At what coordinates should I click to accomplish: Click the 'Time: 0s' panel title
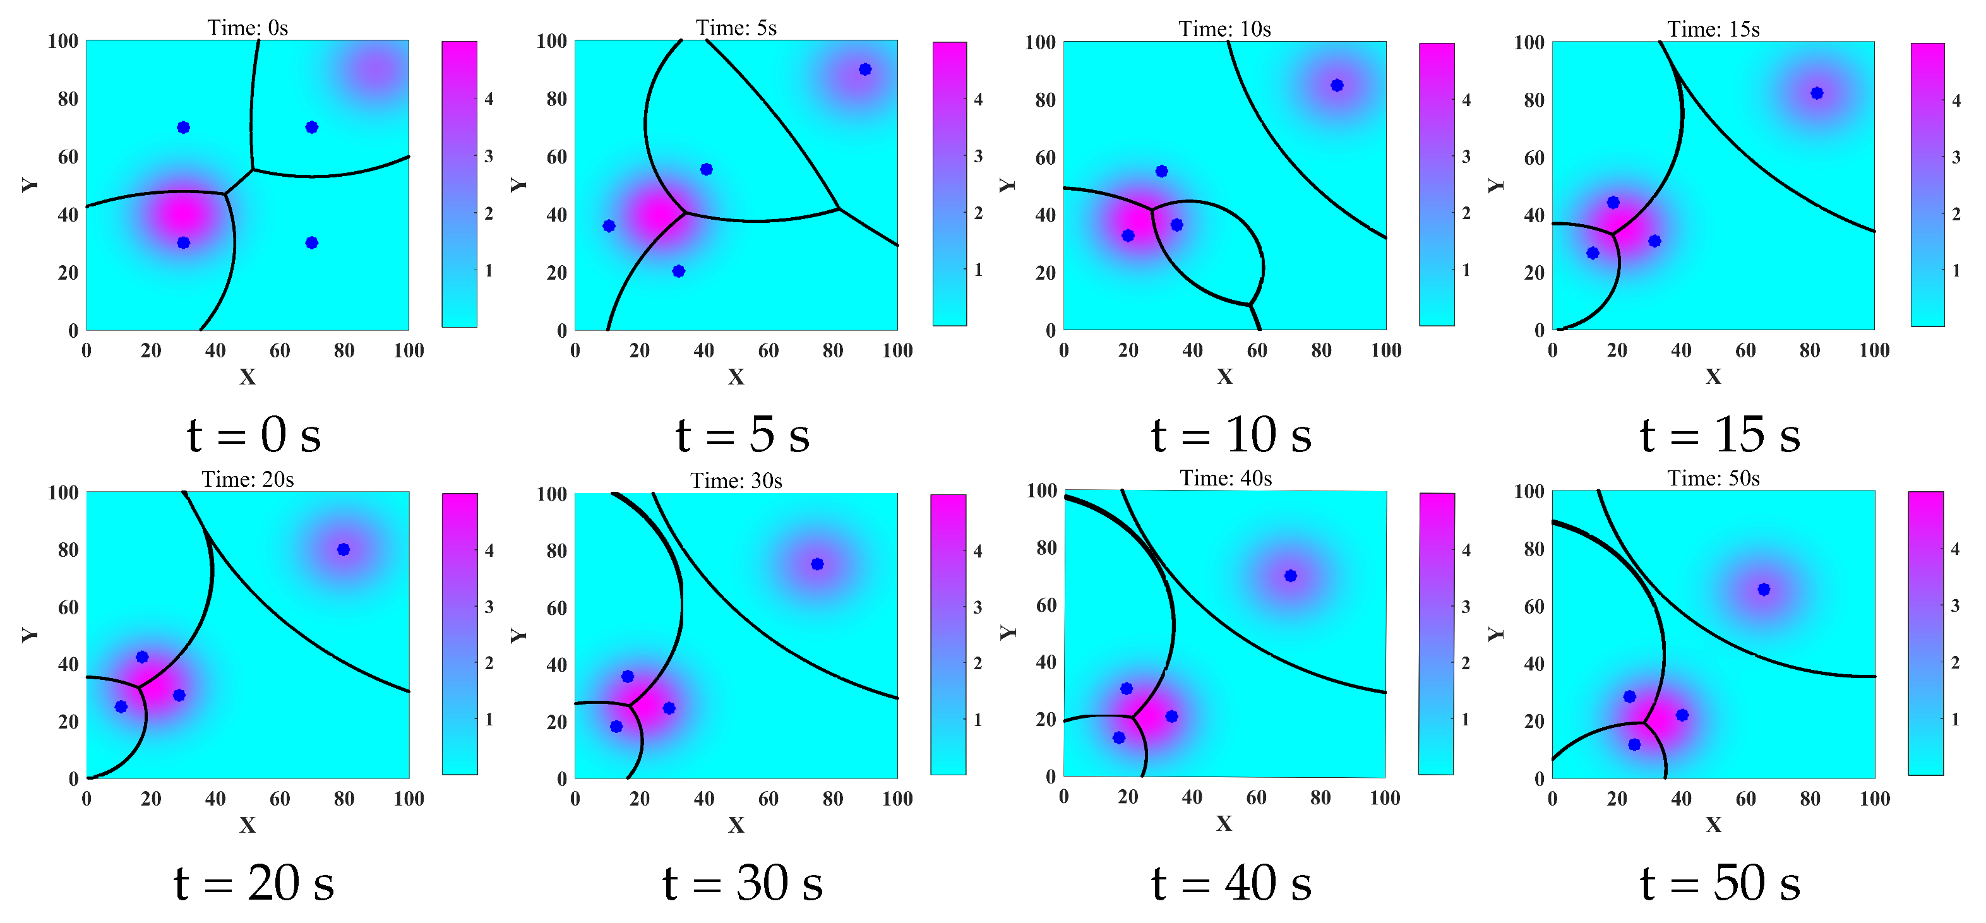pyautogui.click(x=248, y=28)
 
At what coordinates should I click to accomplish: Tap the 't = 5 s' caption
pyautogui.click(x=743, y=435)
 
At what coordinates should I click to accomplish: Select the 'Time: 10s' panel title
pyautogui.click(x=1224, y=28)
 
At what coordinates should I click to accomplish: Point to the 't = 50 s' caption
pyautogui.click(x=1720, y=883)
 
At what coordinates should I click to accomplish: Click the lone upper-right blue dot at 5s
pyautogui.click(x=865, y=69)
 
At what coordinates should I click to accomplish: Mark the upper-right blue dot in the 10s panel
pyautogui.click(x=1337, y=85)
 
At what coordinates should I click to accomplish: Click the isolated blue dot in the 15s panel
pyautogui.click(x=1817, y=93)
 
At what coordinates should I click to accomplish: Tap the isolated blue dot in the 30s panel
pyautogui.click(x=817, y=564)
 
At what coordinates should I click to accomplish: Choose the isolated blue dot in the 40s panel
pyautogui.click(x=1291, y=576)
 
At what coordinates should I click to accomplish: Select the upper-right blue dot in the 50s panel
pyautogui.click(x=1764, y=590)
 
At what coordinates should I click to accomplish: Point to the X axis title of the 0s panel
pyautogui.click(x=248, y=376)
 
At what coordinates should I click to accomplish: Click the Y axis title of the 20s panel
pyautogui.click(x=29, y=634)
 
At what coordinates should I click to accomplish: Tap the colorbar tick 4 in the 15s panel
pyautogui.click(x=1956, y=100)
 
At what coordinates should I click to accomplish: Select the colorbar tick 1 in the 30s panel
pyautogui.click(x=978, y=720)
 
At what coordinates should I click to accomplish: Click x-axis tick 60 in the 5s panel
pyautogui.click(x=768, y=351)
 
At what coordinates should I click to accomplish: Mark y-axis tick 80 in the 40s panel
pyautogui.click(x=1046, y=548)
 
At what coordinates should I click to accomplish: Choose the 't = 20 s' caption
pyautogui.click(x=254, y=883)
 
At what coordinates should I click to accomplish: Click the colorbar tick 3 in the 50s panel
pyautogui.click(x=1954, y=606)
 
